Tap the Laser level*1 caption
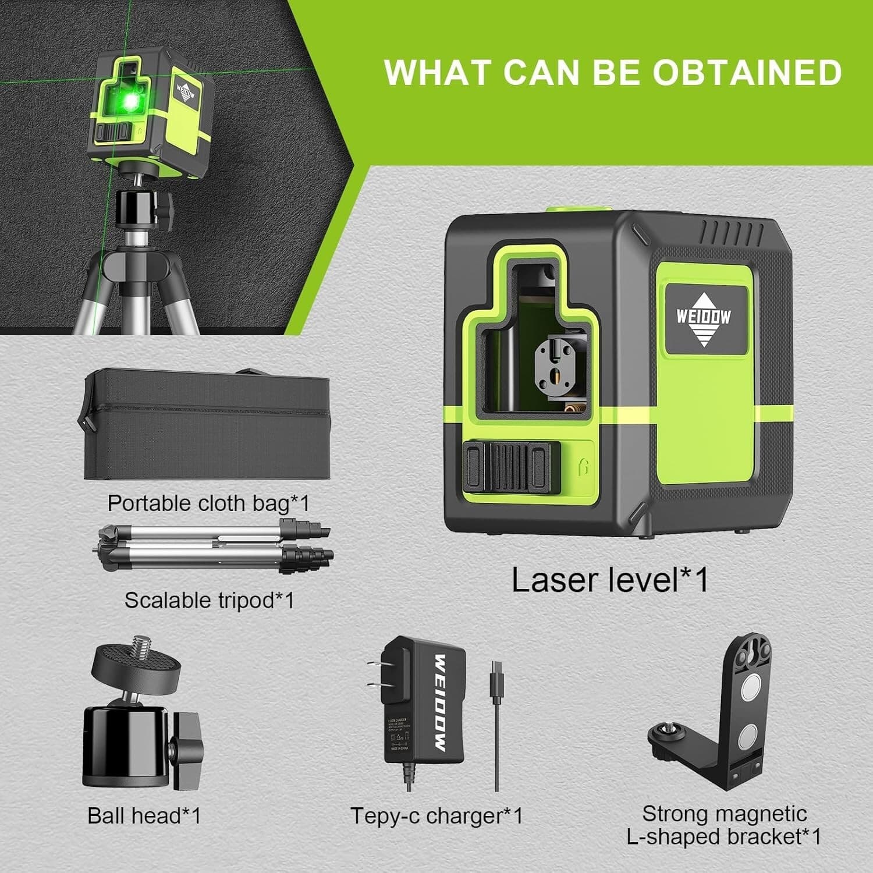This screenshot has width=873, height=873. pyautogui.click(x=610, y=580)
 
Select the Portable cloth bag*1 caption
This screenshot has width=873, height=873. pyautogui.click(x=208, y=503)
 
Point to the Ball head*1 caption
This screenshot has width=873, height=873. pyautogui.click(x=144, y=815)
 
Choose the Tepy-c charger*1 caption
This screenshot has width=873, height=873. pyautogui.click(x=436, y=815)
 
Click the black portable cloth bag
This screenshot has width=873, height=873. pyautogui.click(x=207, y=428)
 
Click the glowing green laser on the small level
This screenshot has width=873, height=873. pyautogui.click(x=132, y=101)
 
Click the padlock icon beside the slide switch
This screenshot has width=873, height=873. pyautogui.click(x=584, y=466)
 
